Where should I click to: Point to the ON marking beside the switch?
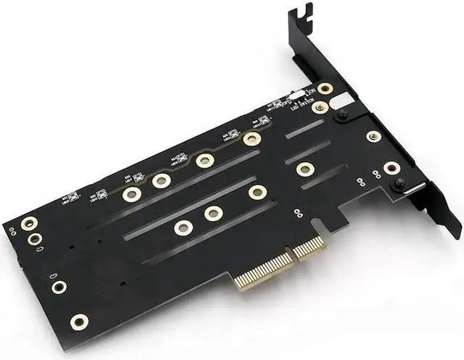coord(310,91)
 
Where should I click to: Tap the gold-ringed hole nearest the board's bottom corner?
coord(78,320)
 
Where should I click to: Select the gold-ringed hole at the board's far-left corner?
coord(28,223)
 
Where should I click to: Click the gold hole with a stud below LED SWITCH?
coord(320,107)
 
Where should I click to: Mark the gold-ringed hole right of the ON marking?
coord(326,88)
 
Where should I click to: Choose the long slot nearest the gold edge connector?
coord(210,233)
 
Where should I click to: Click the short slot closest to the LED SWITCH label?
coord(304,128)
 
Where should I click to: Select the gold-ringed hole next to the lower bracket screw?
coord(391,168)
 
